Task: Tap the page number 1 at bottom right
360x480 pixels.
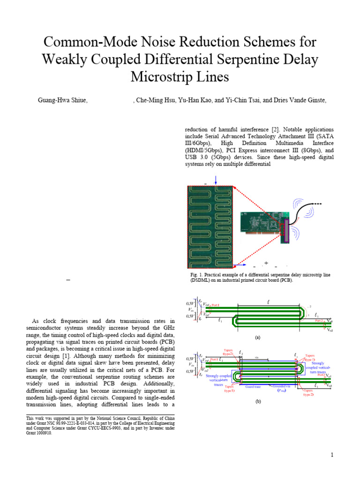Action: (x=331, y=455)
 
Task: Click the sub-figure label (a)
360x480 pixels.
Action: (x=257, y=337)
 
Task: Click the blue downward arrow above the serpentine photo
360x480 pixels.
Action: (x=216, y=180)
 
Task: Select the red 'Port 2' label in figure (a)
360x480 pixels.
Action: (x=319, y=321)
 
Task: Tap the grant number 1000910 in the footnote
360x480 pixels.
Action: (x=45, y=433)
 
